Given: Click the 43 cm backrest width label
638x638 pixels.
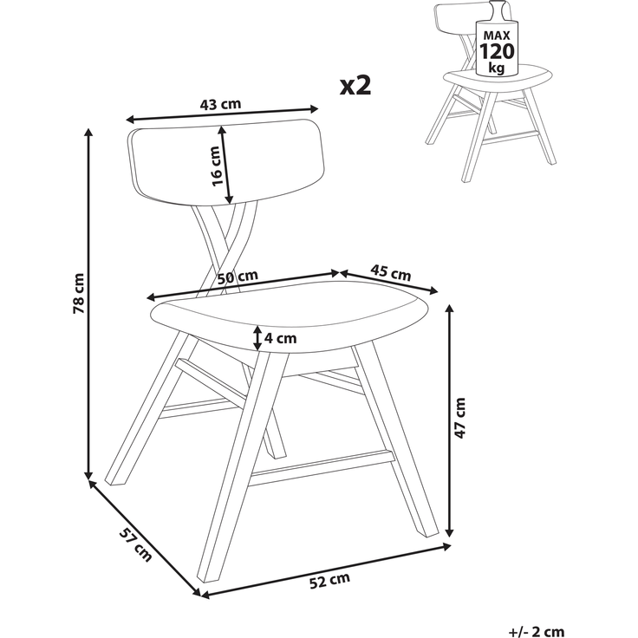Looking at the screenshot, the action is (x=220, y=105).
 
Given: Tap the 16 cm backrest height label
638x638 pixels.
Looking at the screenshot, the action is (x=216, y=166).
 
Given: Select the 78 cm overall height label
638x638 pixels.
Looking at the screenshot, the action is (x=78, y=293).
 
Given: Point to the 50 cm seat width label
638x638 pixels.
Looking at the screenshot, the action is (x=238, y=277).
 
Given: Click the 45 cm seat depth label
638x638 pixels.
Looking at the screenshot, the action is (x=390, y=272).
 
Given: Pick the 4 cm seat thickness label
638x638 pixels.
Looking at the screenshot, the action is (x=280, y=338).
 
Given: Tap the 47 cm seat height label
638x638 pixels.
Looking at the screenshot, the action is (x=459, y=418).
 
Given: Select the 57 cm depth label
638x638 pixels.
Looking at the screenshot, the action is (x=135, y=544).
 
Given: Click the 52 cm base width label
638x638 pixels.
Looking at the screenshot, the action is (x=329, y=581).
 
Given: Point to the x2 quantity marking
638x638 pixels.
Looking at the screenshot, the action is (x=355, y=86).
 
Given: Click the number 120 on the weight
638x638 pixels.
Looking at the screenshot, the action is (x=497, y=51).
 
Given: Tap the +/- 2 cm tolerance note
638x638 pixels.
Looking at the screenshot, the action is (x=537, y=632).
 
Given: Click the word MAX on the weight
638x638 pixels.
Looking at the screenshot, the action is (x=497, y=36).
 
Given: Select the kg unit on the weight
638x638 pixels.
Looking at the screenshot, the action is (x=497, y=67).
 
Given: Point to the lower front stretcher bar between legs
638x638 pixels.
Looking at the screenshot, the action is (x=322, y=468).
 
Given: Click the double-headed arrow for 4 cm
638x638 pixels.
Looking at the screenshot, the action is (x=257, y=338).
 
